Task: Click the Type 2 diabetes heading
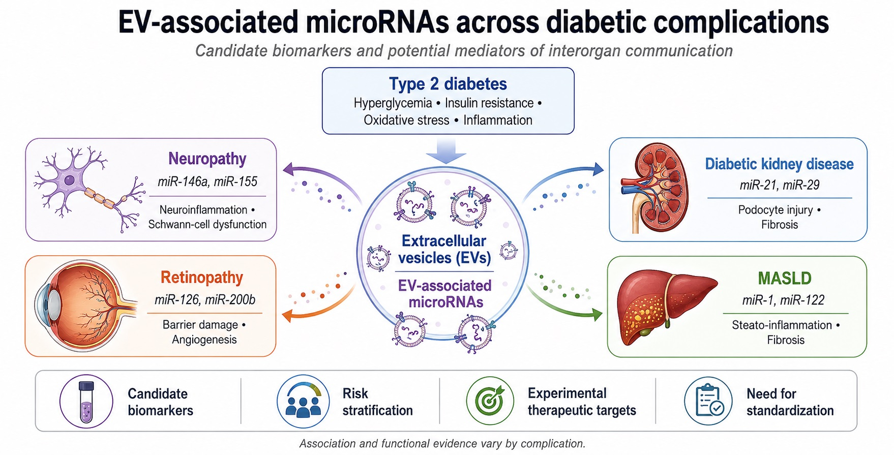[448, 84]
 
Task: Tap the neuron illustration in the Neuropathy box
[86, 189]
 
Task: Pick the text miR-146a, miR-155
[207, 181]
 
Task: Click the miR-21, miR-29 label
[780, 185]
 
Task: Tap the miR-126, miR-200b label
[205, 300]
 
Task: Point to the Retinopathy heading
[202, 278]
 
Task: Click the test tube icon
[86, 401]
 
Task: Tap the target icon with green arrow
[490, 401]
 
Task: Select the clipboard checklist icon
[708, 401]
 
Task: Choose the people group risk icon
[303, 401]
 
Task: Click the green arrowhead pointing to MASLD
[596, 314]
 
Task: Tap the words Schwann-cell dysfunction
[207, 224]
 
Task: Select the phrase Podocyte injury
[776, 210]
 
